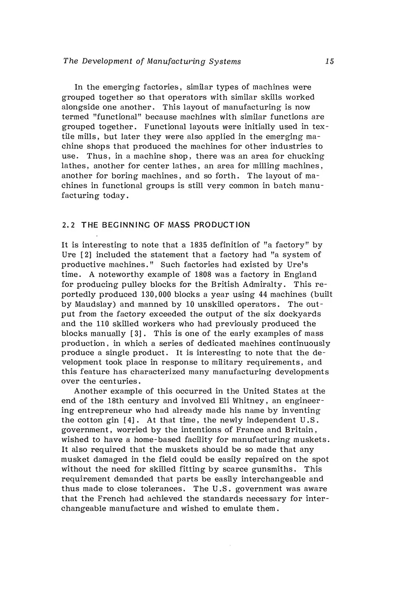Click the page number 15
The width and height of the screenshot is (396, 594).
pos(329,62)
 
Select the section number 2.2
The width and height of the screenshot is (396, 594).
pos(69,225)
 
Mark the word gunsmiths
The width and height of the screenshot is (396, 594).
pos(264,469)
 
